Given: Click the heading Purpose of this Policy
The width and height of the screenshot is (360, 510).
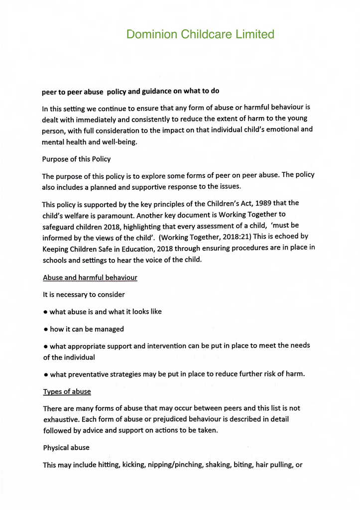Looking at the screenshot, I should (76, 159).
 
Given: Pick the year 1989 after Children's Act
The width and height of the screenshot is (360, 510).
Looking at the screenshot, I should (263, 203).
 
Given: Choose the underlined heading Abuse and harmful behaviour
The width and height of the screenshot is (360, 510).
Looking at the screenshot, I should (90, 277).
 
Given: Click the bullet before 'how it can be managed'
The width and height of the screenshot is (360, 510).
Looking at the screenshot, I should (45, 330).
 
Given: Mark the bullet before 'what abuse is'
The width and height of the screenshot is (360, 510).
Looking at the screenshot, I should (45, 312).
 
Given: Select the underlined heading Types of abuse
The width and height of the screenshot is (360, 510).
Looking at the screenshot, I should (67, 391).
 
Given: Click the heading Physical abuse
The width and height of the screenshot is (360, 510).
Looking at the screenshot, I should (66, 448).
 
